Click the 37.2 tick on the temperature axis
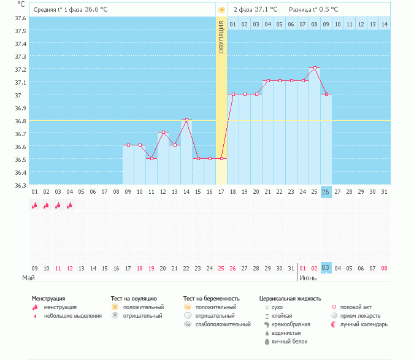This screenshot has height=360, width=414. pos(20,70)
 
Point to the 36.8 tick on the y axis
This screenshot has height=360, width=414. pos(20,121)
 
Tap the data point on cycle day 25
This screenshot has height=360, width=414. pos(315,67)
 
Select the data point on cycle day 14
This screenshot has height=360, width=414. pos(186,120)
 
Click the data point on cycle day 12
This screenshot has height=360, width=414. pos(163,132)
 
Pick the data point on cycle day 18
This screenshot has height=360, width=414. pos(233,94)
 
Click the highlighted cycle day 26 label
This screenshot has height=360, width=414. pos(326,191)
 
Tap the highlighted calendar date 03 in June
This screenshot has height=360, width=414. pos(326,268)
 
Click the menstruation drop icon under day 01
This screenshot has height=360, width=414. pos(35,205)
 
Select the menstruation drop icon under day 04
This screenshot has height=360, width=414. pos(69,205)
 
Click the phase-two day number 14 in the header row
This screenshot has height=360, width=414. pos(384,24)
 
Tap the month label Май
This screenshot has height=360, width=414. pos(28,278)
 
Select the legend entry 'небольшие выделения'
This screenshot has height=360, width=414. pos(72,316)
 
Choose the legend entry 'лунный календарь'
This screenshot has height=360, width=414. pos(365,324)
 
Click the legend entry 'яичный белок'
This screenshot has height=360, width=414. pos(290,342)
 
